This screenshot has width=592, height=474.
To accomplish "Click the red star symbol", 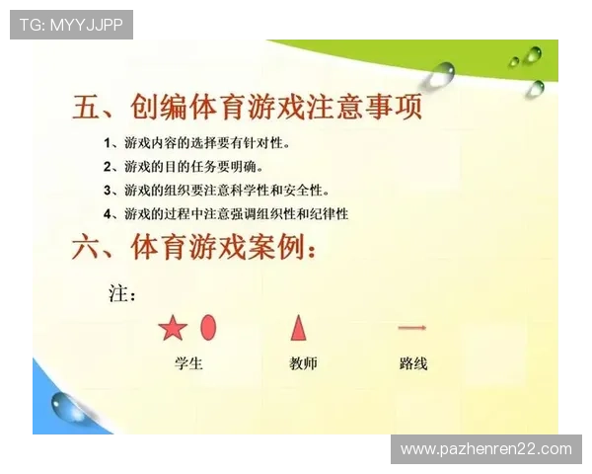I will (x=173, y=328).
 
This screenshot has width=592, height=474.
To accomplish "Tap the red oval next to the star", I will (x=208, y=326).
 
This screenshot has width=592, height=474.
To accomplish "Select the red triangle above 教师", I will (x=299, y=327).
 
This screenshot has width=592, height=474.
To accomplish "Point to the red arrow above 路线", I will (x=411, y=327).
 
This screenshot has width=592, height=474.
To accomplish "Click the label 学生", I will (x=187, y=363).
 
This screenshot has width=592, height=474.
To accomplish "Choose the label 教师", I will (x=303, y=363).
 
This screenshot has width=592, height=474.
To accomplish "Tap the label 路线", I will (x=413, y=363).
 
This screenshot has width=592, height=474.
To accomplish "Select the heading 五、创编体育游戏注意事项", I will (x=248, y=107).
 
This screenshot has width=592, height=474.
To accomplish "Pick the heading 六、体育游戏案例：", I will (x=195, y=247).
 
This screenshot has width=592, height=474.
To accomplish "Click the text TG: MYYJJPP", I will (x=71, y=24).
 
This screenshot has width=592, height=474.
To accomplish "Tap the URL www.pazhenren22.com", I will (x=485, y=449).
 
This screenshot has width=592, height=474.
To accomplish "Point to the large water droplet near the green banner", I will (x=441, y=72).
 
